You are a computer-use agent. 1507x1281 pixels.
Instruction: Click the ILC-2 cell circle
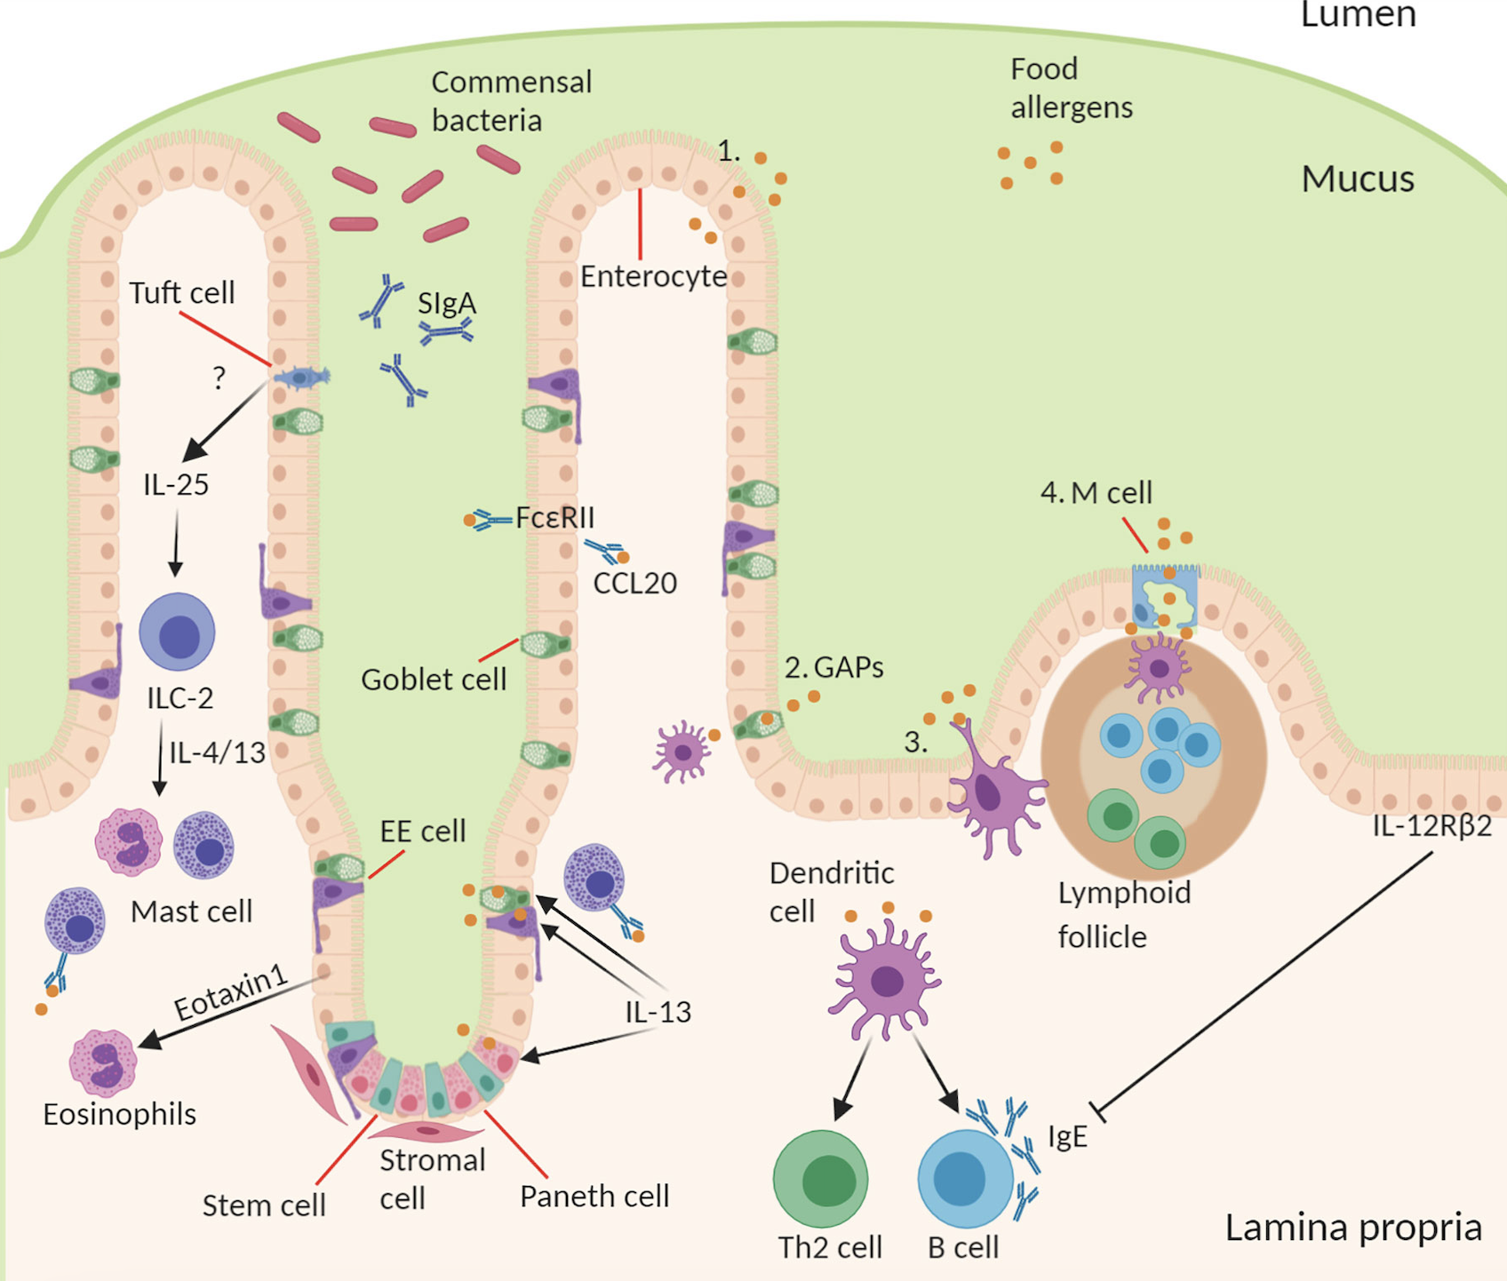(x=178, y=632)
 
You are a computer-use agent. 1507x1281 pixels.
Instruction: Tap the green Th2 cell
(x=820, y=1178)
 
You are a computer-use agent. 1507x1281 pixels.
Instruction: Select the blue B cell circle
(x=965, y=1178)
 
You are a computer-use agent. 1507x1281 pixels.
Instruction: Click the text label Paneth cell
(x=594, y=1196)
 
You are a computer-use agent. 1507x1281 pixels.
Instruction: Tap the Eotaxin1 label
(x=231, y=992)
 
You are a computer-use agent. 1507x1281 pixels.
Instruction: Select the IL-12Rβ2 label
(x=1431, y=826)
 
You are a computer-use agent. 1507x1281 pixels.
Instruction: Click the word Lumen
(x=1358, y=15)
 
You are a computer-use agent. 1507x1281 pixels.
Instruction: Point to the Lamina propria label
(x=1353, y=1228)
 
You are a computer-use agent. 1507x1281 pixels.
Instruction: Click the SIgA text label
(x=447, y=304)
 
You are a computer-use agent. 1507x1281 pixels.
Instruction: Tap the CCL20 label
(x=634, y=583)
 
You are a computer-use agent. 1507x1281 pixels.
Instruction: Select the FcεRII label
(x=554, y=517)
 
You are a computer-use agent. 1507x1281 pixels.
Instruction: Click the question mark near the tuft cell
(x=219, y=378)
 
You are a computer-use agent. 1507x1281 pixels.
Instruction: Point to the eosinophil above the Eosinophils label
(x=103, y=1062)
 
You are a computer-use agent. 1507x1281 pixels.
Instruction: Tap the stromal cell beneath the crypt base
(x=426, y=1132)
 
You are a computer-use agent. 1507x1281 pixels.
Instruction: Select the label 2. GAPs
(x=833, y=667)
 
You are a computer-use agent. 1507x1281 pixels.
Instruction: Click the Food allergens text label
(x=1072, y=88)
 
